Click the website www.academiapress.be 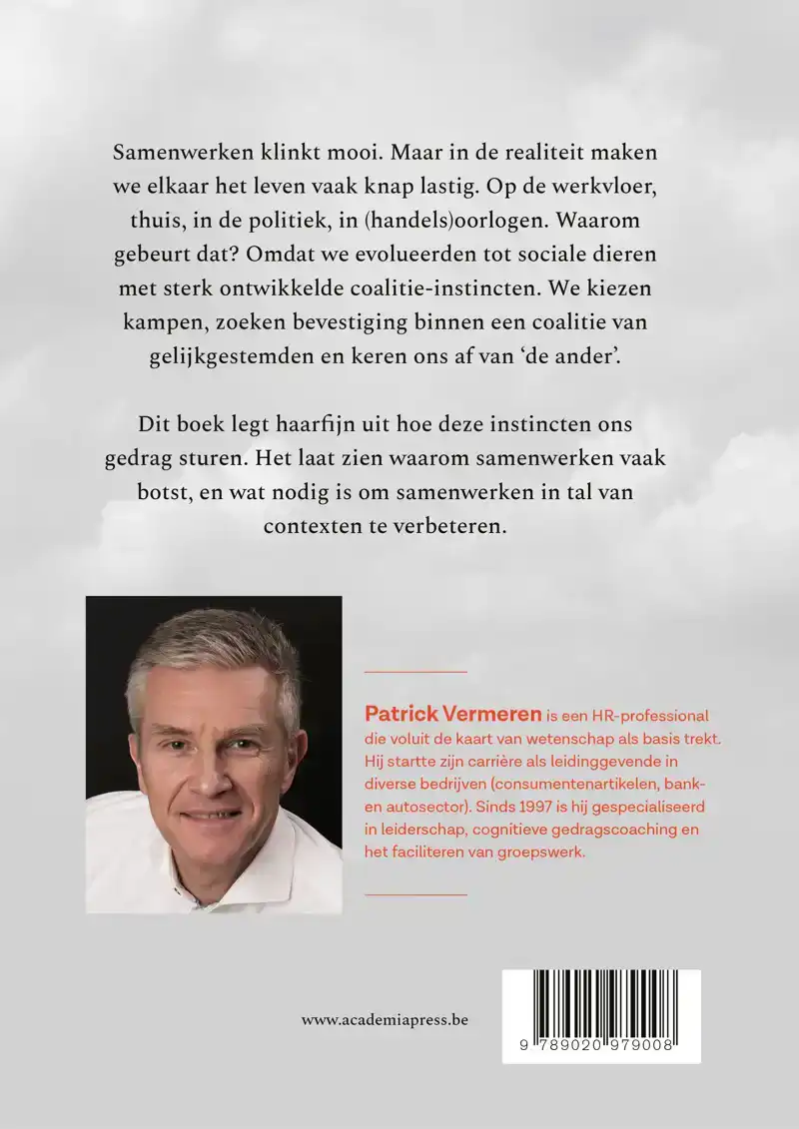pyautogui.click(x=385, y=1020)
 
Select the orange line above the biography pyautogui.click(x=416, y=672)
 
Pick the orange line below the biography pyautogui.click(x=416, y=894)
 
